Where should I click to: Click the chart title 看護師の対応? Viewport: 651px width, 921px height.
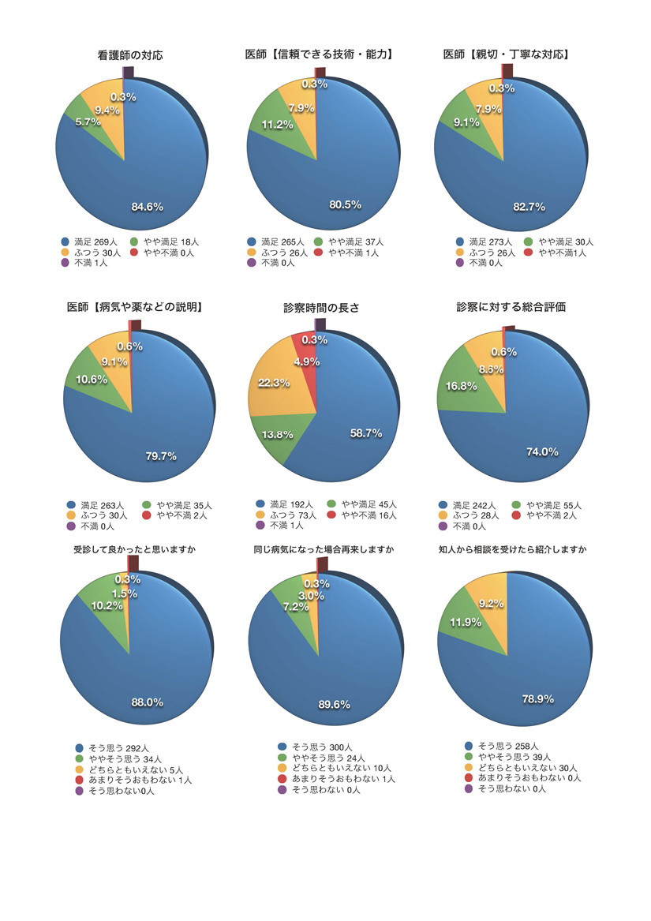pyautogui.click(x=130, y=55)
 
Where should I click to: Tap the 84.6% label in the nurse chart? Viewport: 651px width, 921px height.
pyautogui.click(x=146, y=207)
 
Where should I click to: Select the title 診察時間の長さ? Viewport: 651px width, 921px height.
pyautogui.click(x=321, y=308)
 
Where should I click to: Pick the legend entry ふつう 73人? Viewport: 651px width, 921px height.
pyautogui.click(x=289, y=515)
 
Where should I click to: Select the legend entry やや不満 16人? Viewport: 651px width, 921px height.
pyautogui.click(x=364, y=515)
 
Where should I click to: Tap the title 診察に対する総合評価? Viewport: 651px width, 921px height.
pyautogui.click(x=511, y=307)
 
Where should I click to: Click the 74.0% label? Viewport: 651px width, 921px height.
pyautogui.click(x=542, y=451)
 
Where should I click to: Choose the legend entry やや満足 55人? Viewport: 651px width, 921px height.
pyautogui.click(x=552, y=504)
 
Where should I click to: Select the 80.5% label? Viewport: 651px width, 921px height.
pyautogui.click(x=344, y=204)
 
